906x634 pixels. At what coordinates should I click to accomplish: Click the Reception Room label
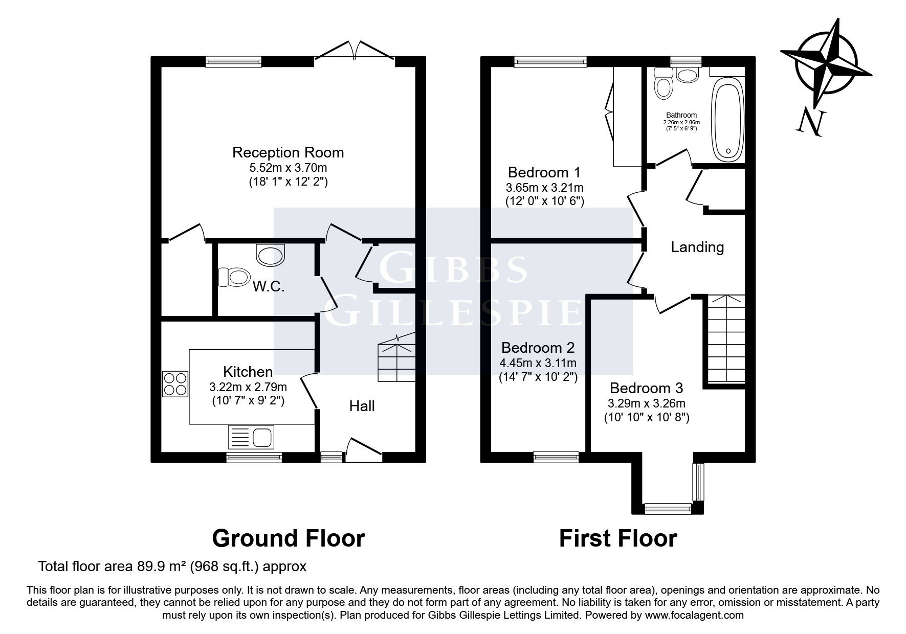pyautogui.click(x=288, y=152)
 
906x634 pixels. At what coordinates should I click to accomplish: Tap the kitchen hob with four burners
pyautogui.click(x=175, y=383)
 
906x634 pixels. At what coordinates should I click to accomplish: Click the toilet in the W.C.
pyautogui.click(x=233, y=277)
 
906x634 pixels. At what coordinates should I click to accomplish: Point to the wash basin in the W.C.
pyautogui.click(x=270, y=255)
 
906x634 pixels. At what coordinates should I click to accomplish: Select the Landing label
pyautogui.click(x=697, y=247)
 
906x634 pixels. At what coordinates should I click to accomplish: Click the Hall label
pyautogui.click(x=362, y=406)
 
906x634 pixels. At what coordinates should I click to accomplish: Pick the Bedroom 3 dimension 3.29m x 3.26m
pyautogui.click(x=647, y=403)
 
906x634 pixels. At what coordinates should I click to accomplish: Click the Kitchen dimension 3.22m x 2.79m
pyautogui.click(x=248, y=387)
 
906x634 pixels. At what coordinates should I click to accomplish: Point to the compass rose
pyautogui.click(x=826, y=63)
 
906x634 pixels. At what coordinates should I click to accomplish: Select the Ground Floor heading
pyautogui.click(x=289, y=538)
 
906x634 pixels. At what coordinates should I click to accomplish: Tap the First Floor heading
pyautogui.click(x=618, y=538)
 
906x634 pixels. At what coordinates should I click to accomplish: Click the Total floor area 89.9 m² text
pyautogui.click(x=172, y=567)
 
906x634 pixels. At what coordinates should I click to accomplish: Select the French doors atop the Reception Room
pyautogui.click(x=354, y=52)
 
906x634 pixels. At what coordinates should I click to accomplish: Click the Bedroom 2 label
pyautogui.click(x=538, y=348)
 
